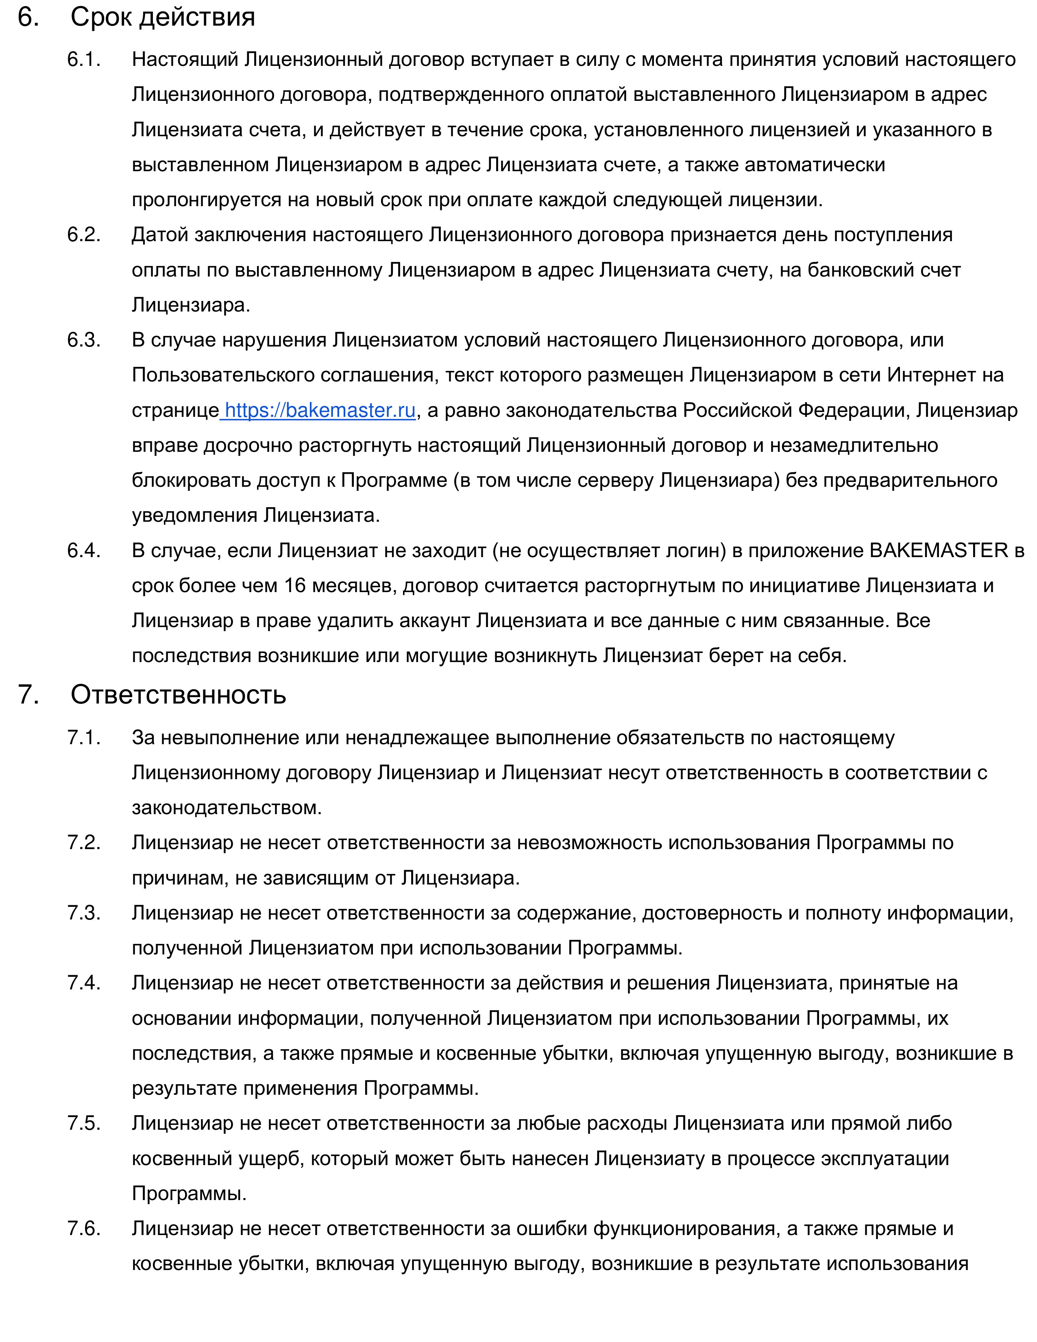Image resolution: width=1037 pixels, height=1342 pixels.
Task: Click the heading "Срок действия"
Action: (x=162, y=17)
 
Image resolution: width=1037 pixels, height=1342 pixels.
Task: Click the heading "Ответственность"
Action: (x=178, y=694)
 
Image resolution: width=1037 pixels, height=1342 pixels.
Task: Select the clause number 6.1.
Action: (x=83, y=60)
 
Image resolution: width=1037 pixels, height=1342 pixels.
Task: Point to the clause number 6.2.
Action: (x=83, y=235)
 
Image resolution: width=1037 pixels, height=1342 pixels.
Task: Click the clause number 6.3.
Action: (x=83, y=340)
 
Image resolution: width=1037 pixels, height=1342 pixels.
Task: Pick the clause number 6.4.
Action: (x=83, y=551)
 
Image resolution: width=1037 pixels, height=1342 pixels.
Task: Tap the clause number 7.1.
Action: (x=83, y=737)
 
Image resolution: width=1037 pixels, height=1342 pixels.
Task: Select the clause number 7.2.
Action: (x=83, y=843)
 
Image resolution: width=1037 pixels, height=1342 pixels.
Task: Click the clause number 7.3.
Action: (x=83, y=913)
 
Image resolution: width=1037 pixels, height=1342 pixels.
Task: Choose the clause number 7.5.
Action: (x=83, y=1123)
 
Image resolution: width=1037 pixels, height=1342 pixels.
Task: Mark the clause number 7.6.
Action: (x=83, y=1229)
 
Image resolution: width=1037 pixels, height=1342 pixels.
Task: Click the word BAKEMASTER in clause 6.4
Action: (x=939, y=551)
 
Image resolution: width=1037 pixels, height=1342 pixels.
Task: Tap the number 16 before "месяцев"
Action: (x=294, y=586)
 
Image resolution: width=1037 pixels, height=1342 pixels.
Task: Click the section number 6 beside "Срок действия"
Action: (x=28, y=17)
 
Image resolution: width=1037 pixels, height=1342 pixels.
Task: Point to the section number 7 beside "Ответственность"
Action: (x=28, y=694)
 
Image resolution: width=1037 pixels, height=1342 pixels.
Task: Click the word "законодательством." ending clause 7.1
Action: (x=227, y=807)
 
